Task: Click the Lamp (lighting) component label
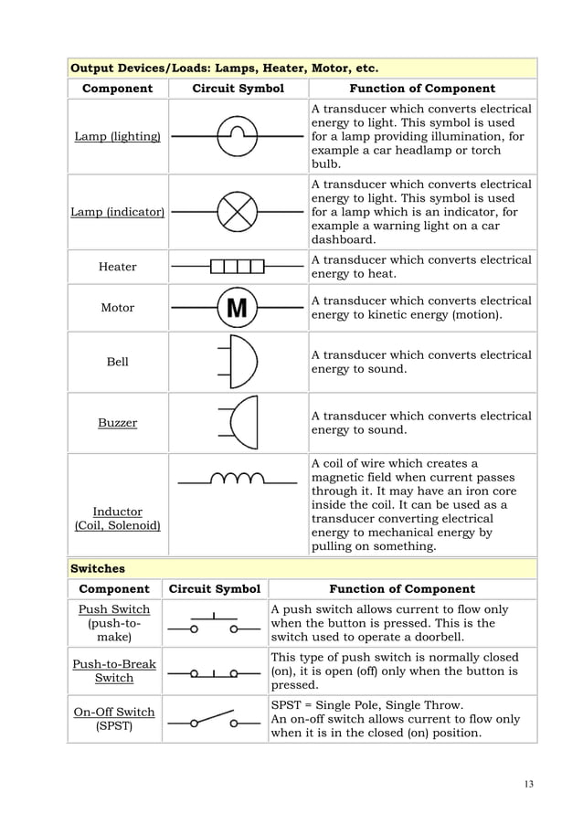pyautogui.click(x=117, y=137)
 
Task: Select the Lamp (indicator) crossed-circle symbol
pyautogui.click(x=238, y=212)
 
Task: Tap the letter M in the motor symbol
pyautogui.click(x=237, y=309)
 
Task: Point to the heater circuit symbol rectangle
pyautogui.click(x=237, y=267)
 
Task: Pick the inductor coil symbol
pyautogui.click(x=237, y=479)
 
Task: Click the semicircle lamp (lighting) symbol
pyautogui.click(x=238, y=135)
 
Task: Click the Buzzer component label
pyautogui.click(x=117, y=423)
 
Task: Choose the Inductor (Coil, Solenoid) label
pyautogui.click(x=117, y=519)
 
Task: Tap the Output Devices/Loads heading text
pyautogui.click(x=224, y=68)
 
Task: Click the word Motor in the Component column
pyautogui.click(x=117, y=309)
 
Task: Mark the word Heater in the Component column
pyautogui.click(x=117, y=267)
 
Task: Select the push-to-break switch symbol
pyautogui.click(x=214, y=674)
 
